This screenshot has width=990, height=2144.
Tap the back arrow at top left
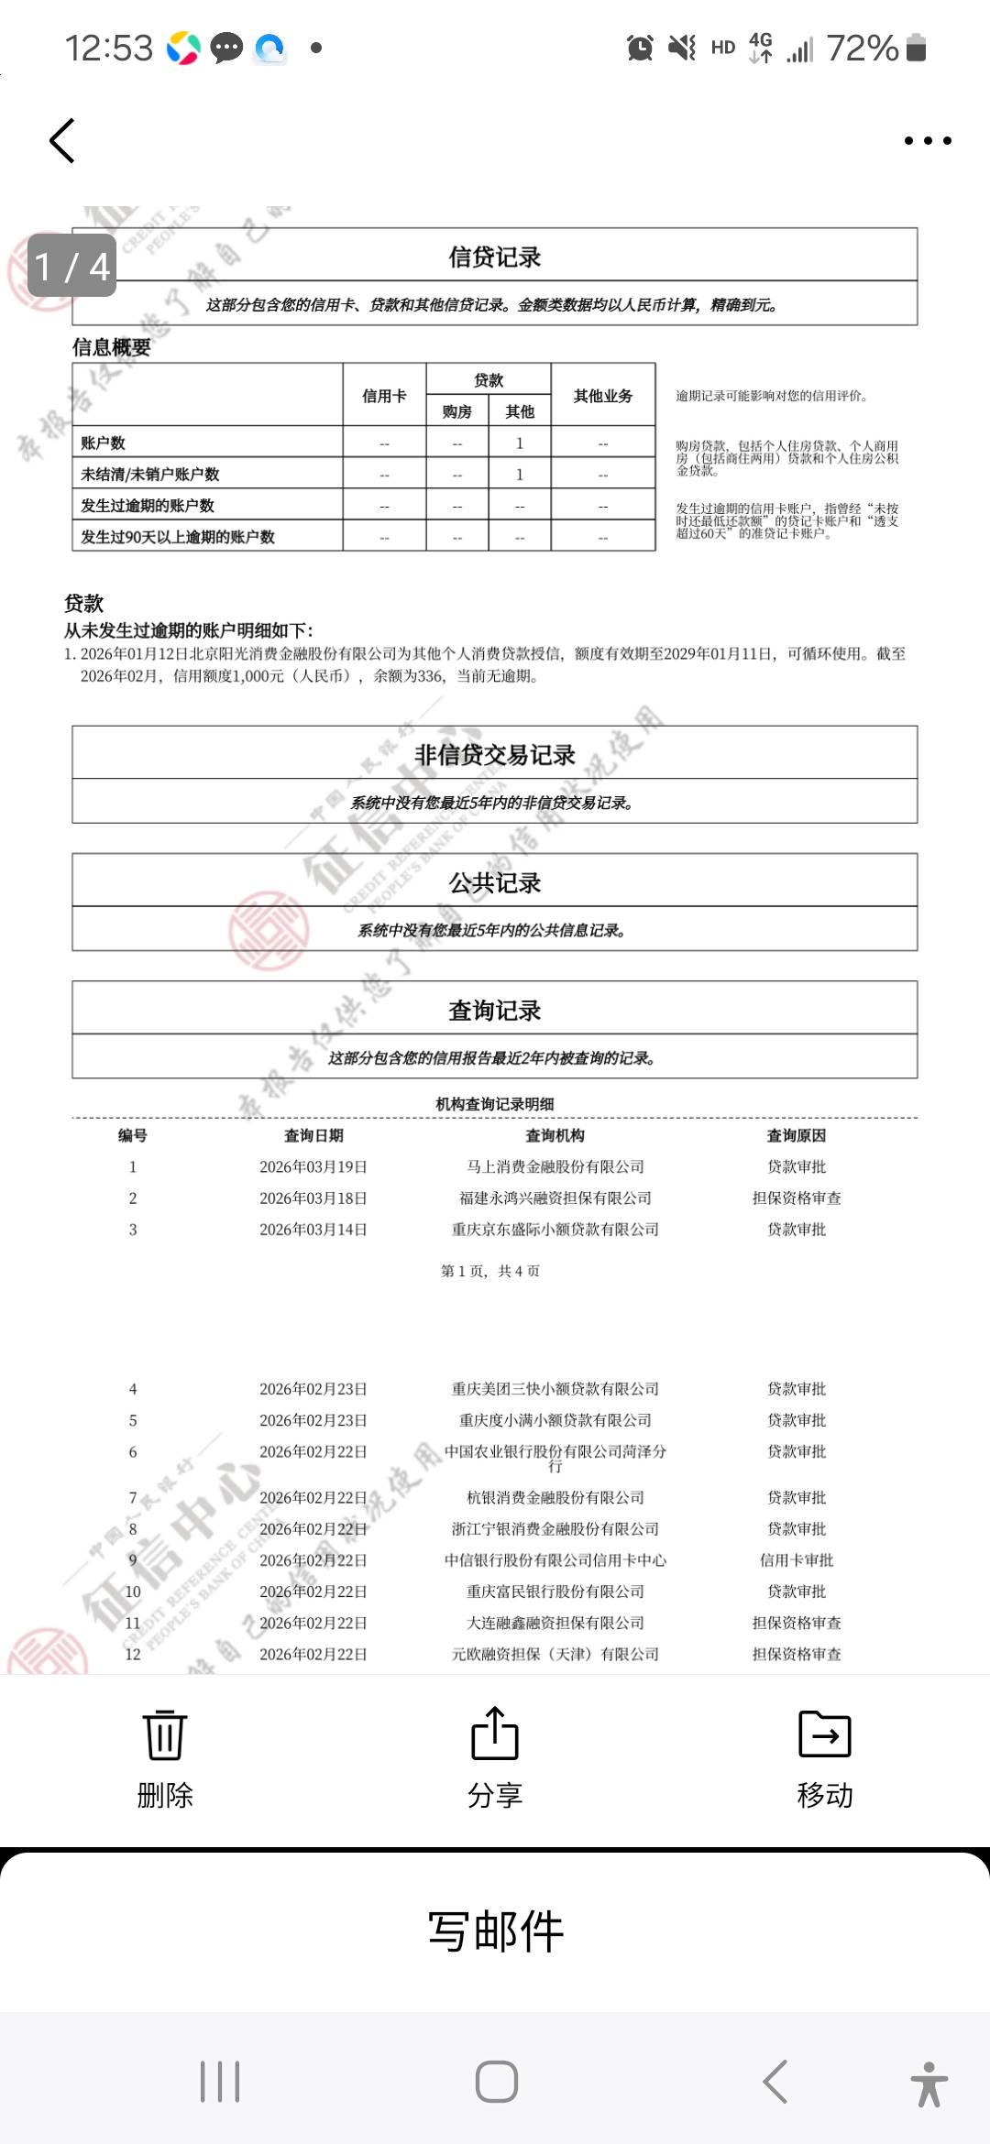62,141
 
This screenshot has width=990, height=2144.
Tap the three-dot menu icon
928,141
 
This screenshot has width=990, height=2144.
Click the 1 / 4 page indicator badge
72,267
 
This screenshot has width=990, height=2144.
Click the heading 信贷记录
495,257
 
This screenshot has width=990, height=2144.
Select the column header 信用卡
384,396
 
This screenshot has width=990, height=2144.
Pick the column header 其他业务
603,396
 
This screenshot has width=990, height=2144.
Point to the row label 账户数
104,443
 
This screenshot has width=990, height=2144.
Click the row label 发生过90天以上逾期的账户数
178,537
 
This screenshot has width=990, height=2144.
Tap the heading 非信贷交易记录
495,755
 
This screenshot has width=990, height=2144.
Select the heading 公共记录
495,883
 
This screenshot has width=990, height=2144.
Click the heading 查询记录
495,1011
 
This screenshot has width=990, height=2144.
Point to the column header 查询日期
313,1136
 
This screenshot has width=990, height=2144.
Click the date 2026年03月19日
313,1167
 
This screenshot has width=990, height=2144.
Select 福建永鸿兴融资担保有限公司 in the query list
555,1198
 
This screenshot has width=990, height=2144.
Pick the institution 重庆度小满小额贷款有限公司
555,1421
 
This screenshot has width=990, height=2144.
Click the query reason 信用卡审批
797,1560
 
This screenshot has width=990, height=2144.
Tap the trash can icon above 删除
165,1734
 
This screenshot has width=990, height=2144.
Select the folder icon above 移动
825,1734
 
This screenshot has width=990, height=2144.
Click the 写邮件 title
495,1931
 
